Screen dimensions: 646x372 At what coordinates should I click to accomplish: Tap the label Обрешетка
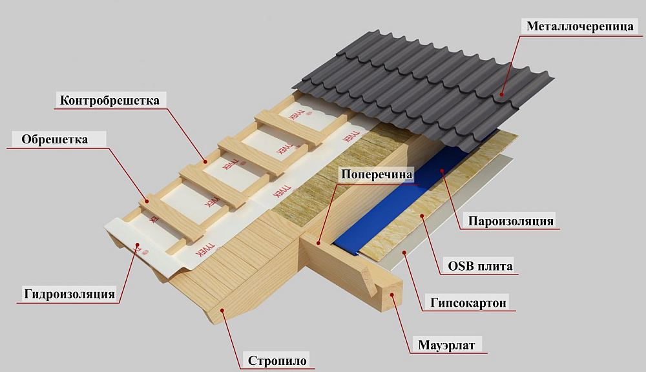coord(55,139)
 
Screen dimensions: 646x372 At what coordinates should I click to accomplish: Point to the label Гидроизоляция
coord(70,294)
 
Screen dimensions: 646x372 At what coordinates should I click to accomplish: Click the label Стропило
coord(277,360)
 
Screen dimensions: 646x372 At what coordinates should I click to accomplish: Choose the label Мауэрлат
coord(446,346)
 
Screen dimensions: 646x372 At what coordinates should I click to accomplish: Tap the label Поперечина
coord(377,175)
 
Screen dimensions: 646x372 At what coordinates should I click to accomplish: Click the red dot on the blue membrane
coord(442,171)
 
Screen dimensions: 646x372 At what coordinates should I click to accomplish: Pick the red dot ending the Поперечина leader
coord(320,242)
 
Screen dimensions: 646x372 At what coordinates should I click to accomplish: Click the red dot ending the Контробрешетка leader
coord(204,160)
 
